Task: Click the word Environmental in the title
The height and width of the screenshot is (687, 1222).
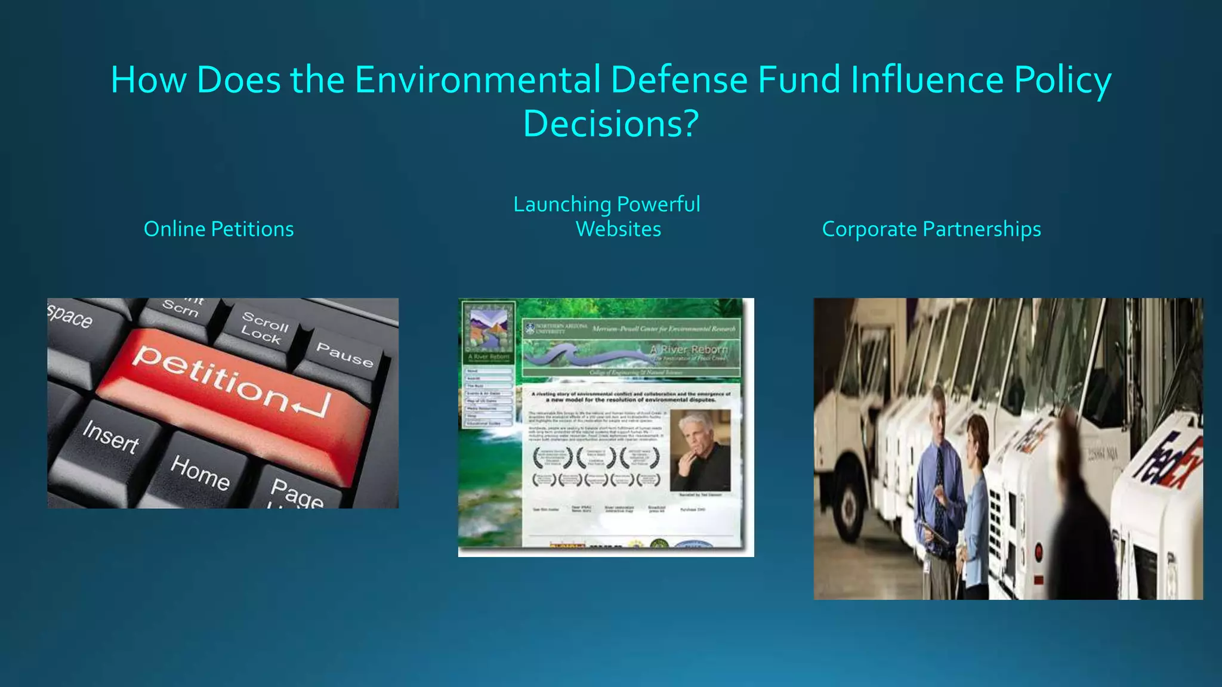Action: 477,81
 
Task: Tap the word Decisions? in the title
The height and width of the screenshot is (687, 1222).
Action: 610,124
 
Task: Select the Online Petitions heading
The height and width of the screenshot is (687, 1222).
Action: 218,229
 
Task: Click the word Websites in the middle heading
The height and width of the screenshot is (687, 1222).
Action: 618,229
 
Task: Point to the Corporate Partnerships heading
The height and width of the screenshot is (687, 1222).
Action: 931,229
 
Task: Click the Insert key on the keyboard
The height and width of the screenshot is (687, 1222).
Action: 111,437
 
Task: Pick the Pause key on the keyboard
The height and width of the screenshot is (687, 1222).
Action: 344,354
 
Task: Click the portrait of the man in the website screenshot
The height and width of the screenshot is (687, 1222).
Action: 700,450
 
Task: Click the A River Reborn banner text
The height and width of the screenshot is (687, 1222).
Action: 689,349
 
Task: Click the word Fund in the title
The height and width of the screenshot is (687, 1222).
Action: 800,81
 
